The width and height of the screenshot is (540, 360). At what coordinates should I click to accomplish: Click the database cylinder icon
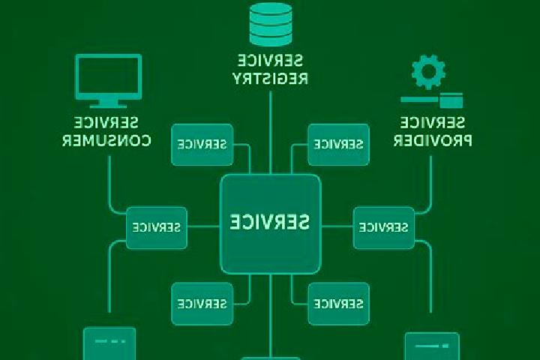271,24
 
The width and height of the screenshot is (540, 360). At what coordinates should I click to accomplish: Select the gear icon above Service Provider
428,72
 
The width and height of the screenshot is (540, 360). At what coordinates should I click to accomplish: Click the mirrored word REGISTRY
270,78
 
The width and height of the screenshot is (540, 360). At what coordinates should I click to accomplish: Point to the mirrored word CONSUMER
106,140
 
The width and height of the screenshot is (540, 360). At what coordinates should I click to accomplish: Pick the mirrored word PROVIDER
433,140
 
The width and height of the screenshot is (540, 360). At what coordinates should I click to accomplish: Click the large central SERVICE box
270,224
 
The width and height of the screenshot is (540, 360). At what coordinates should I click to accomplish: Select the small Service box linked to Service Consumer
156,228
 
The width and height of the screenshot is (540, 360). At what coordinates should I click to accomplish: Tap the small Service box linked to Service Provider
384,228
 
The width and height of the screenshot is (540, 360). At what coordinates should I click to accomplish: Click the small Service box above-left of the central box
202,144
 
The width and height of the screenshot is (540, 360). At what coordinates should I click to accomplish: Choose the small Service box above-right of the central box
338,144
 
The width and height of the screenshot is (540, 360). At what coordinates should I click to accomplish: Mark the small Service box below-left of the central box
202,304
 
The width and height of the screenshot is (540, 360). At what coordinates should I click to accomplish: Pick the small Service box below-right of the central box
338,304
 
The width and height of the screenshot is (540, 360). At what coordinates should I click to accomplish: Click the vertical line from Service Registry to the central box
270,133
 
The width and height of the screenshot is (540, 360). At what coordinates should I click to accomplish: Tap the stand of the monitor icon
109,103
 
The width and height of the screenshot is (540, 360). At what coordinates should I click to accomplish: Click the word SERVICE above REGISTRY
270,61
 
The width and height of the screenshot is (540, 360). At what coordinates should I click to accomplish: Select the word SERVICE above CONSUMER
106,122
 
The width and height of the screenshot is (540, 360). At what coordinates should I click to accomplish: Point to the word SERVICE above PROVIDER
433,122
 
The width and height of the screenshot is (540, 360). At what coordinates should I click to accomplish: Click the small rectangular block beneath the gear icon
451,100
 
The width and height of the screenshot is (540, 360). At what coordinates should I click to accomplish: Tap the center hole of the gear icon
428,72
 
